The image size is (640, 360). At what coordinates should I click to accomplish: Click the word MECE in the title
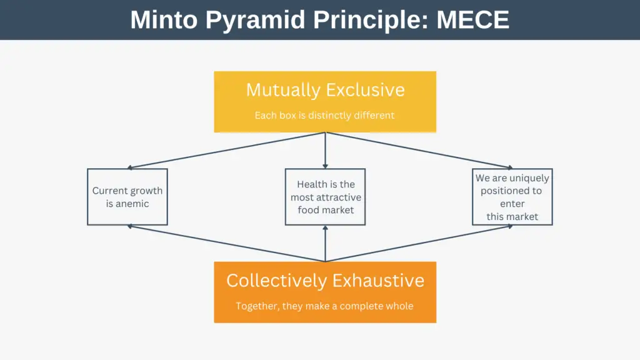472,19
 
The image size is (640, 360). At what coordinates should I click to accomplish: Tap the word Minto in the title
164,19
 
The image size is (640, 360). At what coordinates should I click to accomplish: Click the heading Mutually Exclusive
325,90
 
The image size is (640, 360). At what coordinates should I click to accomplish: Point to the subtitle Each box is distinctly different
324,116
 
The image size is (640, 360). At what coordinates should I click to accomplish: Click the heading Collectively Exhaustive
325,281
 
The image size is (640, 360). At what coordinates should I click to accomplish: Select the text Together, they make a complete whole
324,306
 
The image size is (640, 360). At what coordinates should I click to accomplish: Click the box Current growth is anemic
127,197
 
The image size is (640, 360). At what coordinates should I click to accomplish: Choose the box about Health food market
325,197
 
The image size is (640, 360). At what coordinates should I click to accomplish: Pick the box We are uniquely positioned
512,197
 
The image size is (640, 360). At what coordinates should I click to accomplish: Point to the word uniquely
529,178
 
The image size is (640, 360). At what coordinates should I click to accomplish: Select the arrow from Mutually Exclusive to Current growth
226,150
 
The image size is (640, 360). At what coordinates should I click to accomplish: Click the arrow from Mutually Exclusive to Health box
325,150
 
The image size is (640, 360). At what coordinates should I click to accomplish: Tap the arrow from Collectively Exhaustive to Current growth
226,243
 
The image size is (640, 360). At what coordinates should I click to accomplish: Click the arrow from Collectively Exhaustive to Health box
325,244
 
